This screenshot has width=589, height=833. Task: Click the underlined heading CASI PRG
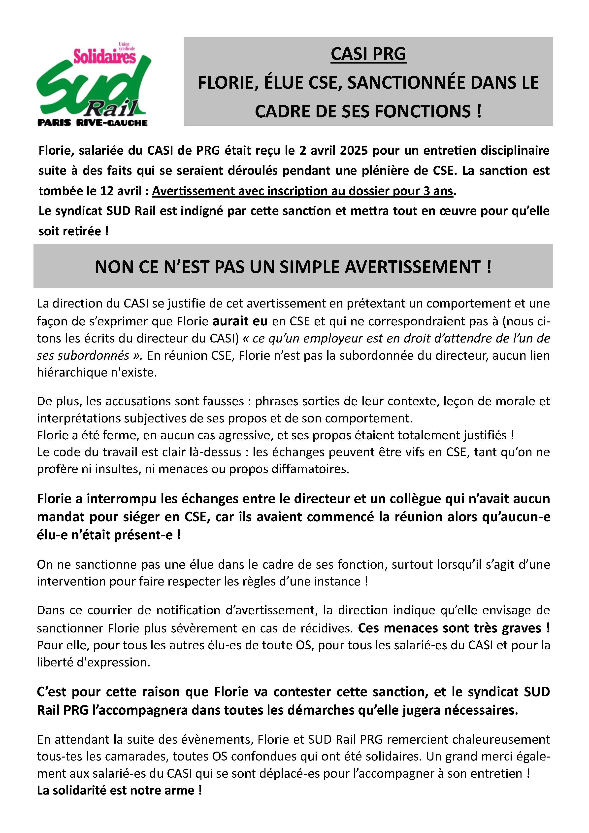(368, 54)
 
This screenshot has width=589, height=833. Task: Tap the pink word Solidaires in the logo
(104, 57)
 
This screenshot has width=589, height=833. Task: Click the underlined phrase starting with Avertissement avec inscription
(302, 191)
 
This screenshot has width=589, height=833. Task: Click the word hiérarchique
(72, 373)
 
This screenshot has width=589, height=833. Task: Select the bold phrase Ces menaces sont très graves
(453, 628)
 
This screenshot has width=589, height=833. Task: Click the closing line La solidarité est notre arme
(119, 791)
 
